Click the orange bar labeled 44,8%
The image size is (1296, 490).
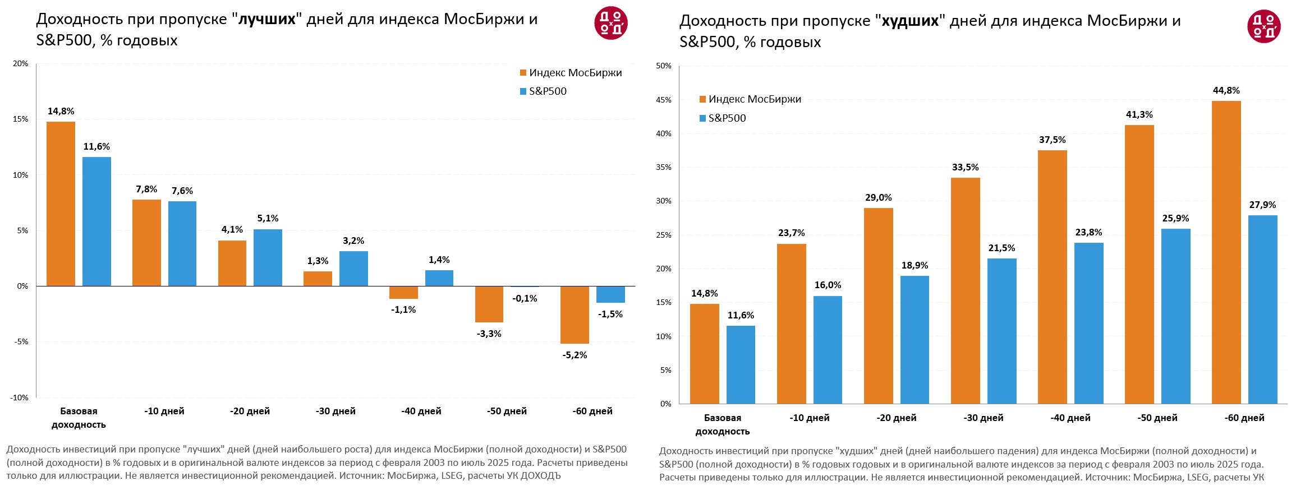1226,252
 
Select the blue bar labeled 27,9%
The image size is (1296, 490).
1262,309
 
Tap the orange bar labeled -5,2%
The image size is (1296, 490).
575,315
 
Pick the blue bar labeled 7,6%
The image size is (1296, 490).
182,244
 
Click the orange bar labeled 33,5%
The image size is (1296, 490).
965,290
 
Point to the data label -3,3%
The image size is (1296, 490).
489,334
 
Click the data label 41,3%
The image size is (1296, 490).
1139,115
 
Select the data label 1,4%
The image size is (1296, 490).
439,260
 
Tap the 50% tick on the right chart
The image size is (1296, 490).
664,66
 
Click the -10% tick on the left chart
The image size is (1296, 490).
19,397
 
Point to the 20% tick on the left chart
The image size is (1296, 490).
20,64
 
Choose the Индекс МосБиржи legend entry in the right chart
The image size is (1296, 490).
750,99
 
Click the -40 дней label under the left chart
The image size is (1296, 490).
421,412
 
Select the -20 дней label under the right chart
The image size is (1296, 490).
896,418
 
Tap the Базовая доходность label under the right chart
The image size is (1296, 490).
722,424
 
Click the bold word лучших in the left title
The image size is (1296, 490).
267,20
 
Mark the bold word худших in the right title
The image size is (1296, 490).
910,21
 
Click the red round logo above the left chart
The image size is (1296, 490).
610,24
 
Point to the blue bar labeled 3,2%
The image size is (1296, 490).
353,269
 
